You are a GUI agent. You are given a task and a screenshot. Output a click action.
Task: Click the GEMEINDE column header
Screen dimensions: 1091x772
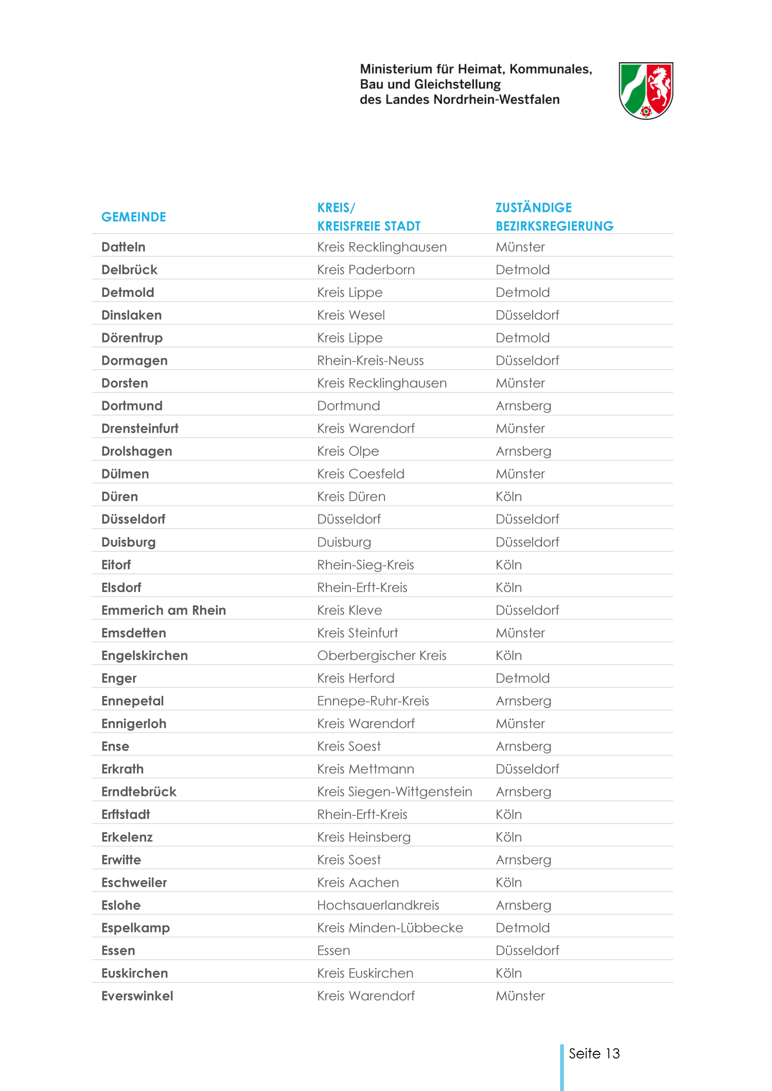[133, 217]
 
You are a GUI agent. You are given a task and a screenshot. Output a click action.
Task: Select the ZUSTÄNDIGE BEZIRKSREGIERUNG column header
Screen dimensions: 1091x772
[554, 217]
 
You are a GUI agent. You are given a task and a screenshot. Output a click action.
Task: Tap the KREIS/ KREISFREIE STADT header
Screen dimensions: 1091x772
[369, 217]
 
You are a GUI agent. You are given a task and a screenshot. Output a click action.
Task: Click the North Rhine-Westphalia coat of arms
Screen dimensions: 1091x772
[645, 91]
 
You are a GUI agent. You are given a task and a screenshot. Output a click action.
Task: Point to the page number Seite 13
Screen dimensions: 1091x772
[594, 1053]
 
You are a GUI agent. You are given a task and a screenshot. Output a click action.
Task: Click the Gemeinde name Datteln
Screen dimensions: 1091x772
[124, 247]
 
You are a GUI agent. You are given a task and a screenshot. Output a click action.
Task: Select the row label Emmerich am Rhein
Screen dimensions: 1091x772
[164, 610]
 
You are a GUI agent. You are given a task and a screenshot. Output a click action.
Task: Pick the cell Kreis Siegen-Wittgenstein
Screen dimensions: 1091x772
[394, 792]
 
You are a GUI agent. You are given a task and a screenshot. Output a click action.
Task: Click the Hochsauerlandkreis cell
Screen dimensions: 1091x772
[378, 905]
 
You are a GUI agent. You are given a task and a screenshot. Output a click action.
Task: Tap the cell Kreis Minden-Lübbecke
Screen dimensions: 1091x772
[390, 928]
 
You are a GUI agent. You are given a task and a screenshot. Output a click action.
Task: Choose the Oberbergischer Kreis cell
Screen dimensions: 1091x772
[381, 655]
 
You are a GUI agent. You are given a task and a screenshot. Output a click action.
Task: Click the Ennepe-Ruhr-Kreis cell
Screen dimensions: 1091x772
[373, 701]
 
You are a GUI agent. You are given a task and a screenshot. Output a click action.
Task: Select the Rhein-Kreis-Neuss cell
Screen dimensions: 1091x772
[370, 361]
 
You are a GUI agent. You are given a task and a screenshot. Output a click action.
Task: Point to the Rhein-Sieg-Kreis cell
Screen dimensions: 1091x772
[365, 565]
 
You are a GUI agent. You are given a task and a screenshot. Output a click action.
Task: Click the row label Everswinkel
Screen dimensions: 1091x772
[137, 996]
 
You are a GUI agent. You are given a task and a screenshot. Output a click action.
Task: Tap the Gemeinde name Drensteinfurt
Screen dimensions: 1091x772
[139, 428]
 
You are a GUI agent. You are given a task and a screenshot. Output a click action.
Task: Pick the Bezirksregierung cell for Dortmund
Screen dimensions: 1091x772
[523, 406]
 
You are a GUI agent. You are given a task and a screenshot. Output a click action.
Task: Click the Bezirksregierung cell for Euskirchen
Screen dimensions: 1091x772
[508, 973]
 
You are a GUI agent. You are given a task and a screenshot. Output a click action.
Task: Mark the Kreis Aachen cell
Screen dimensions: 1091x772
[358, 883]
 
